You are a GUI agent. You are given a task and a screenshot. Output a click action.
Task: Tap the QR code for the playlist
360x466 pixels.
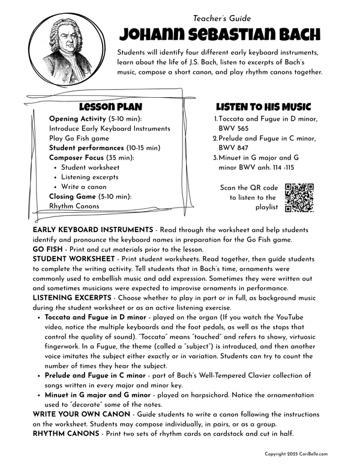299,198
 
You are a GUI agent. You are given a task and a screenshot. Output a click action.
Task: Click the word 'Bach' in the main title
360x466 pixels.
293,34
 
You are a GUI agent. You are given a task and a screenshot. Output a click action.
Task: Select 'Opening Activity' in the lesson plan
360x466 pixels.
80,119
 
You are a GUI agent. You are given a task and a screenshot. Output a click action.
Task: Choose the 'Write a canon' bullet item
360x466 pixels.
84,187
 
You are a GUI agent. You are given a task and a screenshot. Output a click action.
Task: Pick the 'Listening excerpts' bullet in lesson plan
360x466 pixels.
89,177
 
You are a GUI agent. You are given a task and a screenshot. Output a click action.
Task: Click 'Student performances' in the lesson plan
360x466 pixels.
86,148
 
